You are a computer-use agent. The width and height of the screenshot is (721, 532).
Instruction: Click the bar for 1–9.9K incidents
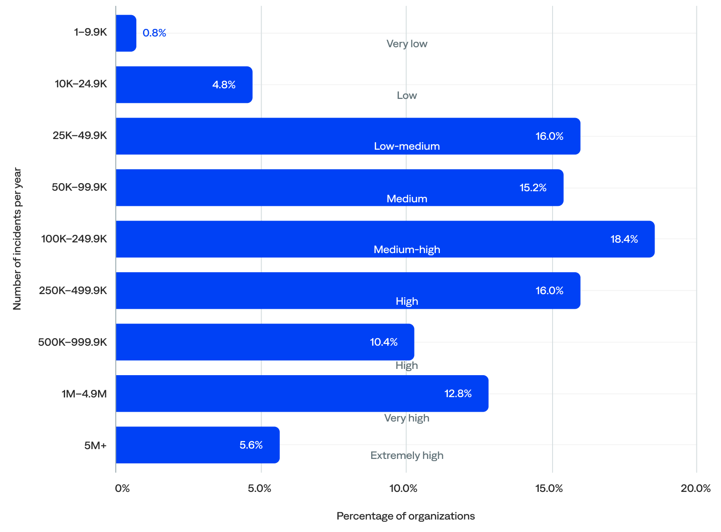126,33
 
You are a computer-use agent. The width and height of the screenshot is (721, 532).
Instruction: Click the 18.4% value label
624,239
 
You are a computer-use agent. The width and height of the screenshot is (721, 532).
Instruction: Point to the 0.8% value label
154,33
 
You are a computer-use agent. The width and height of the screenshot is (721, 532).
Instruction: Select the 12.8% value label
458,393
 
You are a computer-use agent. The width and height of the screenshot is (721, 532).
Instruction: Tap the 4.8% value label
224,85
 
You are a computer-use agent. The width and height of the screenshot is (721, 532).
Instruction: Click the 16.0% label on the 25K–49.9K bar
549,136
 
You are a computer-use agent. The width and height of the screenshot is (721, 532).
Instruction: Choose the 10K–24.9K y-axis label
81,84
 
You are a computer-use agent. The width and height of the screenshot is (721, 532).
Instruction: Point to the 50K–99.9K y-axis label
79,187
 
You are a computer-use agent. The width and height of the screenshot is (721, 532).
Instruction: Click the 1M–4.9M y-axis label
84,394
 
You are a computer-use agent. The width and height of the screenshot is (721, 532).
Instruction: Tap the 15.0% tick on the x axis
549,488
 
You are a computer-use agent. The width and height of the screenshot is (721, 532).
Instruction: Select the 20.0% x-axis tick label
695,488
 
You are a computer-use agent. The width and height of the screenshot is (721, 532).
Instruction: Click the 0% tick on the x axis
122,488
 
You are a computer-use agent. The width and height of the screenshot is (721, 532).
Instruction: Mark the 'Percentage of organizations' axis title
406,516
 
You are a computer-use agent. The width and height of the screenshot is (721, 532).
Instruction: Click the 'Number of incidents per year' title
17,238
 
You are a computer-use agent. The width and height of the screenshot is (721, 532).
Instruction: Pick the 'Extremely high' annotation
407,455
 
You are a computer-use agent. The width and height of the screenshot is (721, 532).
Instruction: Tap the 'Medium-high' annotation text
407,250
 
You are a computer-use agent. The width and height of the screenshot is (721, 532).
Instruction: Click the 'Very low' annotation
407,44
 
